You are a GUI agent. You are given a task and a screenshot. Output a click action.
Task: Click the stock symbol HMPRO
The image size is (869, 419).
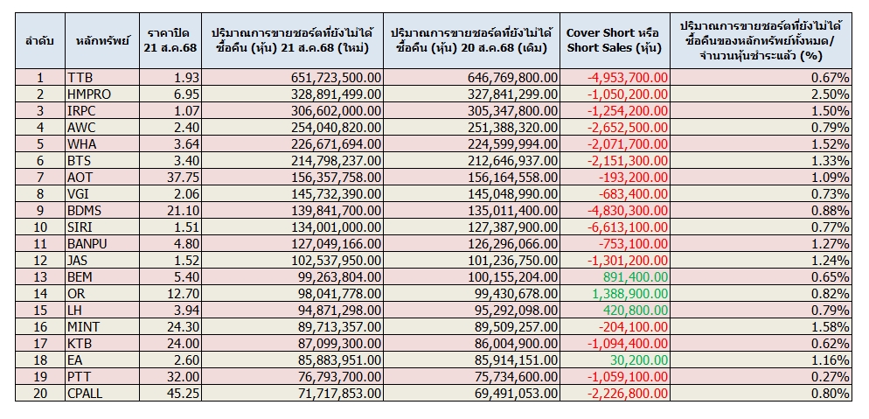(x=89, y=94)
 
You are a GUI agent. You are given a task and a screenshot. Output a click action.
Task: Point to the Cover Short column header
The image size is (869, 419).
(x=615, y=40)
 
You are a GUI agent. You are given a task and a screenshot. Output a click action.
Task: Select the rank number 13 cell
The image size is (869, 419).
(x=40, y=276)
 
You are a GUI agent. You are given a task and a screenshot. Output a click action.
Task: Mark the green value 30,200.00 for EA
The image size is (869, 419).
(x=639, y=360)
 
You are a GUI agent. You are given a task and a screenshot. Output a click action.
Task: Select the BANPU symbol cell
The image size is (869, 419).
(x=88, y=243)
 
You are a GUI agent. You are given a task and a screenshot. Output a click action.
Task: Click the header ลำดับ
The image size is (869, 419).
(x=40, y=40)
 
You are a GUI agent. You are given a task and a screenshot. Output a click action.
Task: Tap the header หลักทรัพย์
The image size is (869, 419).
(x=102, y=40)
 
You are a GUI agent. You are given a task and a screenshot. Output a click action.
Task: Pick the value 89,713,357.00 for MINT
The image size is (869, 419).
(x=337, y=326)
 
